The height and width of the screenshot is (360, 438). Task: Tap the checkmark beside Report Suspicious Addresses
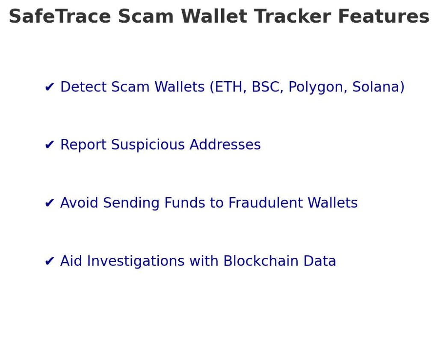point(50,145)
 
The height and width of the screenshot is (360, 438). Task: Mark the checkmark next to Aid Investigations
point(50,261)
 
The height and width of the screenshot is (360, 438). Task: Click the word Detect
point(84,87)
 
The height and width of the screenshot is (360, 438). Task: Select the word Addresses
point(225,145)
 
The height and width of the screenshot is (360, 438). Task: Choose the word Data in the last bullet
point(320,261)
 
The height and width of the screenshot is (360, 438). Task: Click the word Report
point(84,145)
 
